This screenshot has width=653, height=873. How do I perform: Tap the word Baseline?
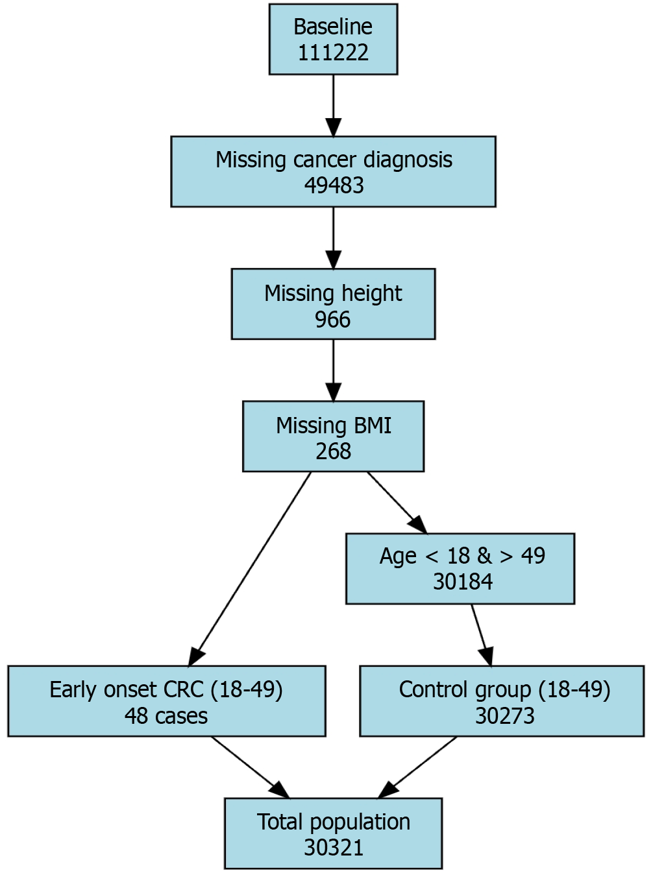pos(333,27)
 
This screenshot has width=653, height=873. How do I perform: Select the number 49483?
pos(334,185)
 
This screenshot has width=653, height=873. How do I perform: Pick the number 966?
pos(333,319)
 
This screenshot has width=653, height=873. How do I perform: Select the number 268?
pos(334,451)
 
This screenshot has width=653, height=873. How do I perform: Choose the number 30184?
pos(463,582)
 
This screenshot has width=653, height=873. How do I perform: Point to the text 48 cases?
pos(166,716)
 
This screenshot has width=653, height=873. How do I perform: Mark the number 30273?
pos(504,716)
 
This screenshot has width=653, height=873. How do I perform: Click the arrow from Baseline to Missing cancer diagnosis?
pos(334,106)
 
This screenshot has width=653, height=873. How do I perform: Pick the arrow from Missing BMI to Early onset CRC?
pos(249,569)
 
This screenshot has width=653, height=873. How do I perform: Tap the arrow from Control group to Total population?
pos(417,767)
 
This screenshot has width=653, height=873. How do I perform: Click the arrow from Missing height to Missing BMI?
pos(334,370)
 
